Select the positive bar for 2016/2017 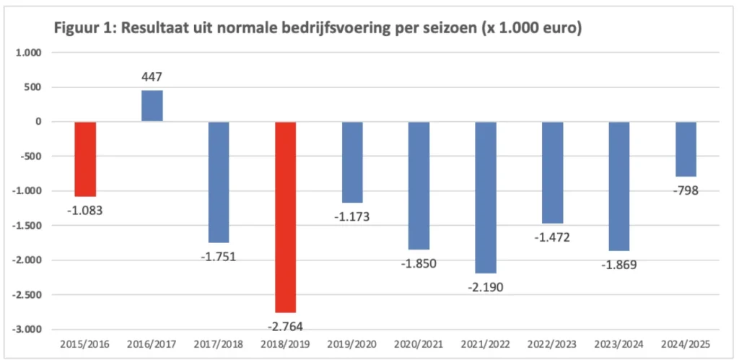click(152, 106)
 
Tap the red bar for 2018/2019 click(285, 216)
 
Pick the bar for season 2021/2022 click(485, 197)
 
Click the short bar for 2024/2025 click(686, 149)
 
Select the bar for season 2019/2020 click(352, 162)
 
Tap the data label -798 click(685, 190)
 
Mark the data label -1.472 click(552, 237)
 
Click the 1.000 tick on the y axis click(30, 53)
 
